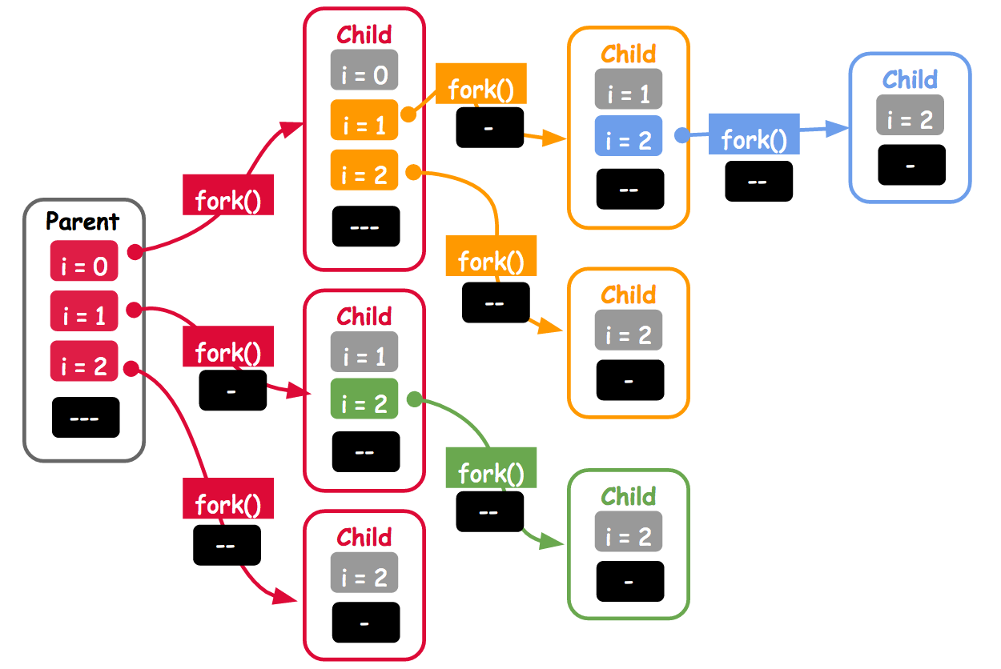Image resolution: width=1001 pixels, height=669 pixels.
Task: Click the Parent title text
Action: point(82,222)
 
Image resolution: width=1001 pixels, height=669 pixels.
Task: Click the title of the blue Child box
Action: point(910,79)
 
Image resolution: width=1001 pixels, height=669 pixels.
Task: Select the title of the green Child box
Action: point(629,496)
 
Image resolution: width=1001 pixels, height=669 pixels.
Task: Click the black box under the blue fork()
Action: point(758,181)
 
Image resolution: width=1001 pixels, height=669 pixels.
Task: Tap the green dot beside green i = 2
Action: point(414,398)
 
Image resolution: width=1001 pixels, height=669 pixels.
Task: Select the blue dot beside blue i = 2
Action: point(681,135)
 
